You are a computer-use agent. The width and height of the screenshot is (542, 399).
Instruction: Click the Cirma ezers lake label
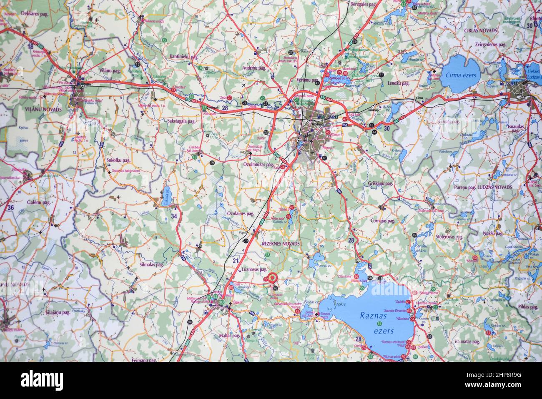tap(460, 75)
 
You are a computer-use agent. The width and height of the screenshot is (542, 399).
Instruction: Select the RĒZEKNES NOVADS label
tap(281, 243)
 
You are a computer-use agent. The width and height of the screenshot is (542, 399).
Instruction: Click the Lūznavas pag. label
tap(254, 269)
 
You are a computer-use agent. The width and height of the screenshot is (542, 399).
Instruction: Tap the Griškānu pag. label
tap(381, 183)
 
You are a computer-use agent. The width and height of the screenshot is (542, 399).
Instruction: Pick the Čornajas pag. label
tap(385, 221)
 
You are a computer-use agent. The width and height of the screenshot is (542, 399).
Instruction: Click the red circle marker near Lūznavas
tap(273, 278)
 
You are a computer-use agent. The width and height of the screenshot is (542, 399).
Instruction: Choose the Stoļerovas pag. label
tap(450, 237)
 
